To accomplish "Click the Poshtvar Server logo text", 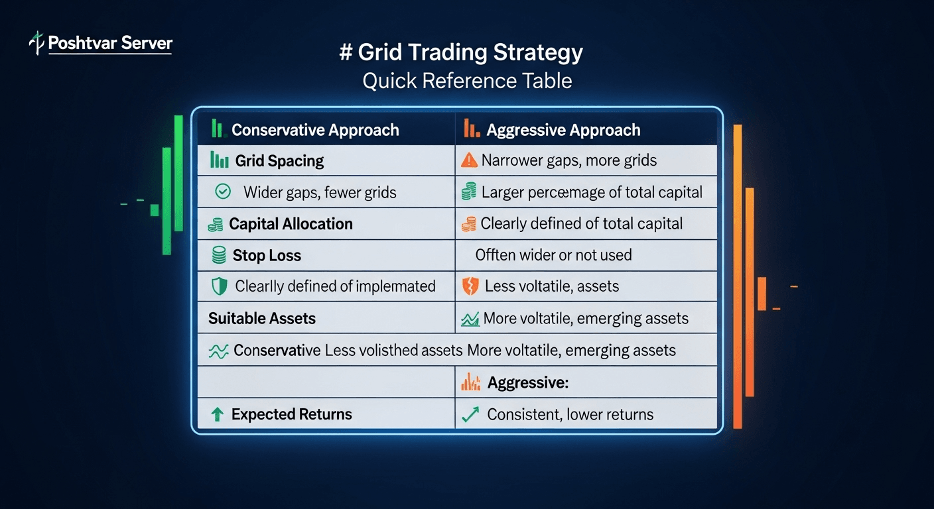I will (x=110, y=44).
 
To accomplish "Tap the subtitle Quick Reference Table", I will (x=467, y=81).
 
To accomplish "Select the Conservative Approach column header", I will (x=315, y=130).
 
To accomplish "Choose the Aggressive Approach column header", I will (x=563, y=130).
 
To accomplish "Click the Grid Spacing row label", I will (x=279, y=161).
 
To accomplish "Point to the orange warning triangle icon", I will (x=469, y=160).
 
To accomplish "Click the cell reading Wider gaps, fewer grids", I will (x=320, y=193).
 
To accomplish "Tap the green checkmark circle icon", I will (x=223, y=192).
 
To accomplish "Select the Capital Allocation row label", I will (x=291, y=224).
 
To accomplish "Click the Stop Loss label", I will (x=267, y=255).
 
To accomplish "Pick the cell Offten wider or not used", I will (x=553, y=255).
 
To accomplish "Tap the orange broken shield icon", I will (x=469, y=286).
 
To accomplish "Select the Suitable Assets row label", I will (x=262, y=318).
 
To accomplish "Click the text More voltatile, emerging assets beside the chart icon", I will (x=586, y=318).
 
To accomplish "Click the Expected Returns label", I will (x=292, y=415).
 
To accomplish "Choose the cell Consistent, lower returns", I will (x=570, y=415).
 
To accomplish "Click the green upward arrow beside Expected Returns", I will (x=217, y=415).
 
